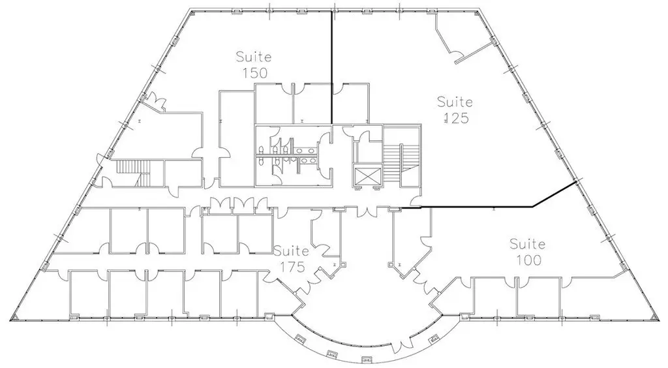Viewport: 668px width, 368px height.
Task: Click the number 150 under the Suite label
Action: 254,73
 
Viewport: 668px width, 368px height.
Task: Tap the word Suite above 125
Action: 455,102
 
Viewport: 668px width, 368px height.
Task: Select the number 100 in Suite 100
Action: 528,260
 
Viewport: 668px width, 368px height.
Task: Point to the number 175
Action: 292,267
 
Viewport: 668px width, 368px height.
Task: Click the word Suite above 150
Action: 254,56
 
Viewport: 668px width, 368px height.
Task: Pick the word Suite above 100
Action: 527,243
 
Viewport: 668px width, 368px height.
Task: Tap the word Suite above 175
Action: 292,251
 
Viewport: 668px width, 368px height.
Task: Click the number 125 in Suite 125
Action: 456,117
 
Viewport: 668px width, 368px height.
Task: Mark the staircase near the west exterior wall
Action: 134,173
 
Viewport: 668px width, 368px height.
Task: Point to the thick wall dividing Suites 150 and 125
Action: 331,67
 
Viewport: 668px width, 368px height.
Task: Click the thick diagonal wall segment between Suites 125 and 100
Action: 554,194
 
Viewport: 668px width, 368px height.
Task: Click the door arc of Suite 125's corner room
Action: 458,54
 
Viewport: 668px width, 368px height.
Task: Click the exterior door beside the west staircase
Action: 99,159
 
